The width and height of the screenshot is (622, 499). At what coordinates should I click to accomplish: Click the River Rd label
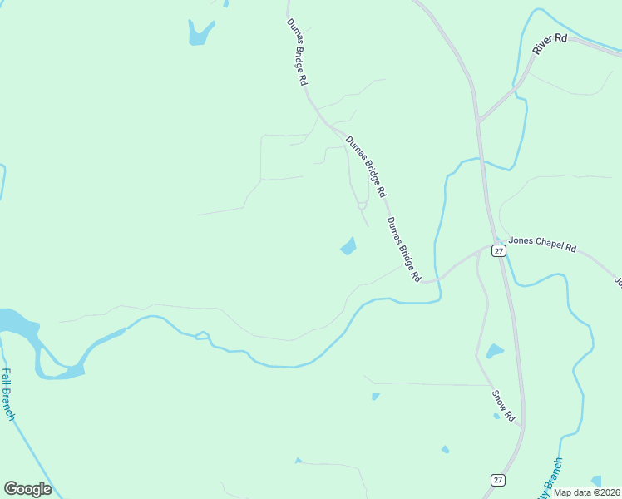(x=549, y=44)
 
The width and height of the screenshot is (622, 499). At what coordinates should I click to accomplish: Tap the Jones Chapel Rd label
(x=541, y=242)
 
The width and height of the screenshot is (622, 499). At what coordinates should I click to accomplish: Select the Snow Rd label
(x=503, y=403)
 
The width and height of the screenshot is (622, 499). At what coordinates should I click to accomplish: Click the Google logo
(x=27, y=489)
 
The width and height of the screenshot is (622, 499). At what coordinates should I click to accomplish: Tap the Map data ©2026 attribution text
(x=586, y=492)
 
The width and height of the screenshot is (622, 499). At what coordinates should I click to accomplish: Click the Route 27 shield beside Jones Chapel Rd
(x=498, y=250)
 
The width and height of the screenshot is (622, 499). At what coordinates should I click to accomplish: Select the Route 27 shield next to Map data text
(x=496, y=480)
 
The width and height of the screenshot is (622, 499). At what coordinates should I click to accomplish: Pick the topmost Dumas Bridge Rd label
(x=298, y=52)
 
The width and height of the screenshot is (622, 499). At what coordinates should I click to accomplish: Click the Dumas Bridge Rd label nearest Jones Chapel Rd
(x=403, y=249)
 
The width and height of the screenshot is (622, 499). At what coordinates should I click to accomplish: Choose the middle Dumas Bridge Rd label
(x=367, y=166)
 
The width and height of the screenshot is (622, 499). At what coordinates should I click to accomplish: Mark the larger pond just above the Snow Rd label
(x=495, y=351)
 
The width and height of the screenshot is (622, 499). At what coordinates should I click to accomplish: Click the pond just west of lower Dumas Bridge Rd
(x=348, y=246)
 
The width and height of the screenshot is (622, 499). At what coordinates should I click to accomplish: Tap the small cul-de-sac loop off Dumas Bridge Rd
(x=362, y=205)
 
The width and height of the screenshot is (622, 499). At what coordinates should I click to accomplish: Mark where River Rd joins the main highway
(x=480, y=122)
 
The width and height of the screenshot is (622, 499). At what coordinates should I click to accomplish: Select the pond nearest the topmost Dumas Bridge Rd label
(x=200, y=32)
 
